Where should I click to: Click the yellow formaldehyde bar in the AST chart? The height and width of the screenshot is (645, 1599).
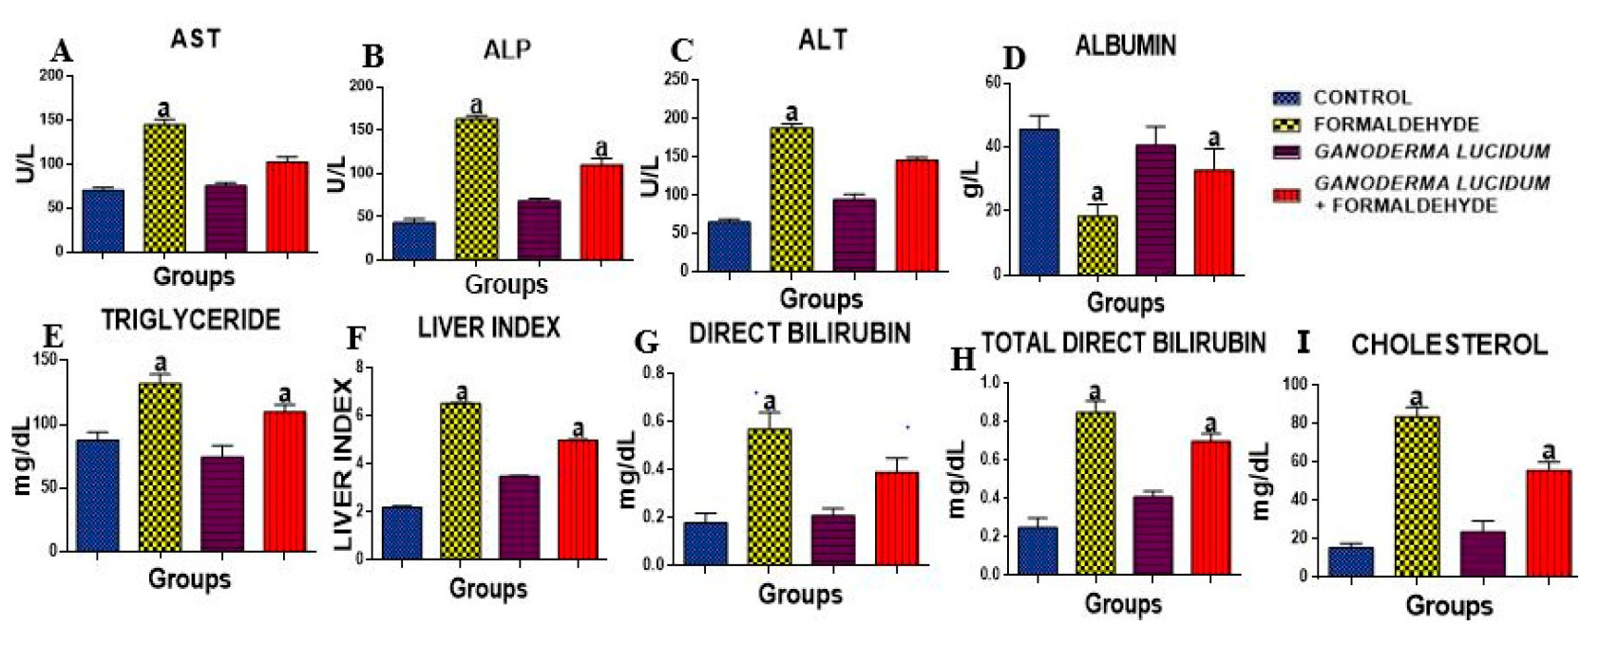pyautogui.click(x=164, y=187)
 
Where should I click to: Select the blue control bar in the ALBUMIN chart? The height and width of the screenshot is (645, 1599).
pyautogui.click(x=1037, y=202)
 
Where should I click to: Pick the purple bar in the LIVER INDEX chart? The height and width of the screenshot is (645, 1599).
pyautogui.click(x=519, y=517)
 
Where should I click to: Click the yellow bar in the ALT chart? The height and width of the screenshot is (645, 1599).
pyautogui.click(x=791, y=199)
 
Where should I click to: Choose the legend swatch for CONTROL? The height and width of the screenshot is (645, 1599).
pyautogui.click(x=1286, y=98)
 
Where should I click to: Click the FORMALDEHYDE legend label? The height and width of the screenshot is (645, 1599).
pyautogui.click(x=1396, y=124)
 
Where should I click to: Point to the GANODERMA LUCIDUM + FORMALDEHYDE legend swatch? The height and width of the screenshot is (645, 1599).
pyautogui.click(x=1286, y=195)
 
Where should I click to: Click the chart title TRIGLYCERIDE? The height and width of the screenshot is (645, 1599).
pyautogui.click(x=191, y=319)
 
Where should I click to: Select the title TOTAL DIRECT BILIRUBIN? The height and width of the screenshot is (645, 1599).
pyautogui.click(x=1123, y=342)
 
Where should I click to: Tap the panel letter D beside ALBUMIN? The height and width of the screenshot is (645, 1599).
pyautogui.click(x=1015, y=59)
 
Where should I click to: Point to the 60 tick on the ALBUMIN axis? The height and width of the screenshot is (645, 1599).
pyautogui.click(x=992, y=83)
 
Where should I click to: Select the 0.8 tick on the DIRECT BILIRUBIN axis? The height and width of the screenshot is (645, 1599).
pyautogui.click(x=652, y=372)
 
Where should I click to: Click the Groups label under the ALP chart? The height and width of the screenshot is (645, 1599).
pyautogui.click(x=506, y=283)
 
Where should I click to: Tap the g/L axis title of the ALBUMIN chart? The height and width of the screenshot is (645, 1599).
pyautogui.click(x=970, y=178)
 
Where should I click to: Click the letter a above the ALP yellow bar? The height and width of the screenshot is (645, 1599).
pyautogui.click(x=476, y=105)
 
